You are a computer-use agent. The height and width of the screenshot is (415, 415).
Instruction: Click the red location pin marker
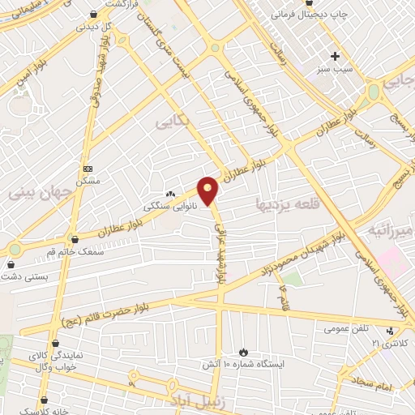tap(208, 190)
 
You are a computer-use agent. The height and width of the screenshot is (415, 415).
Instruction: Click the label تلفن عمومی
tap(348, 328)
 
